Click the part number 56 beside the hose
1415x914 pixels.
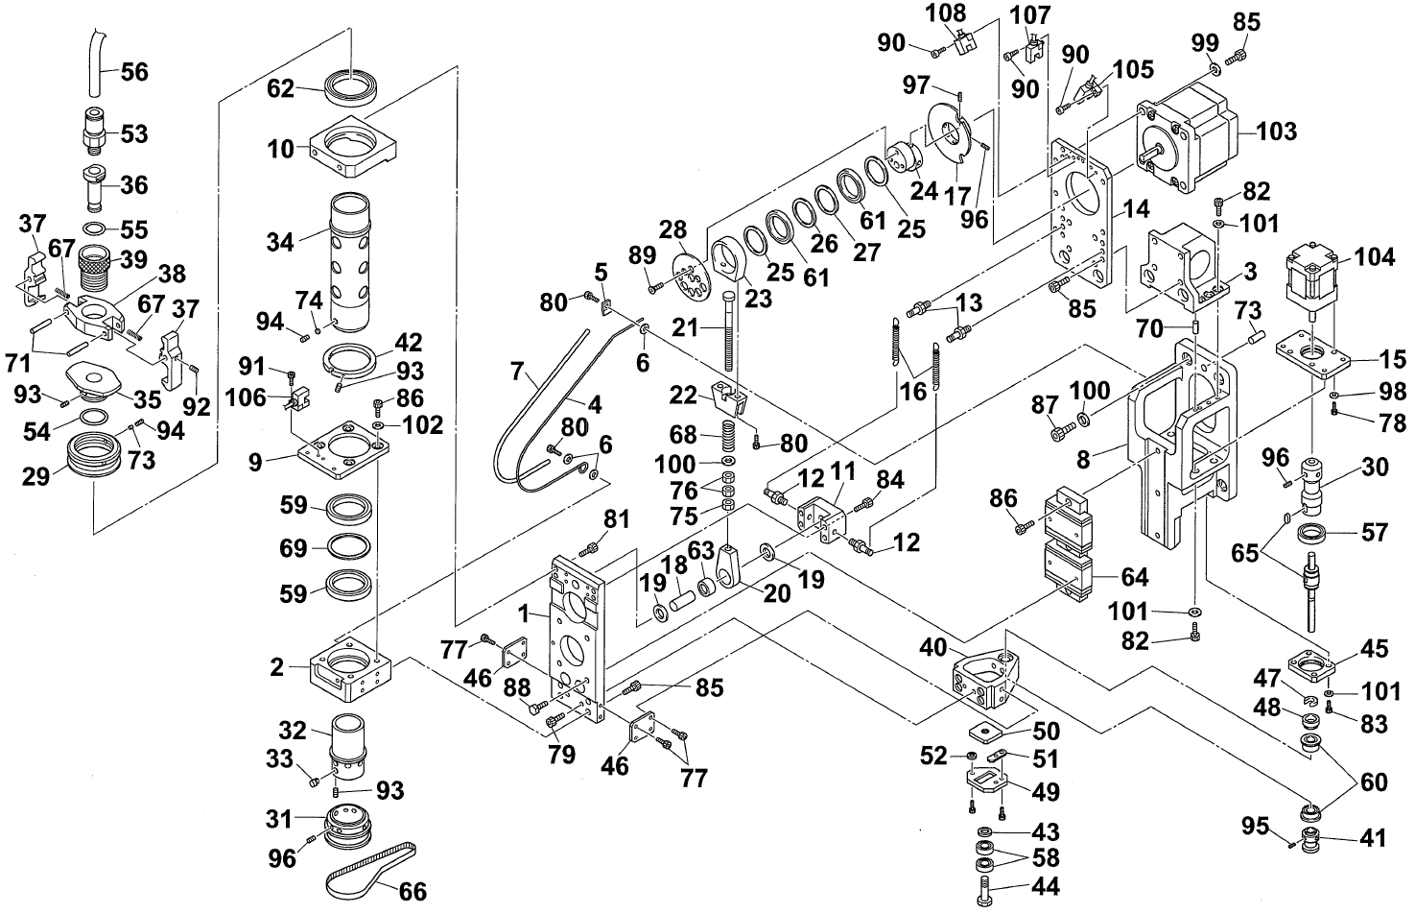click(134, 72)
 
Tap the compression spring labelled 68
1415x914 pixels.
click(727, 434)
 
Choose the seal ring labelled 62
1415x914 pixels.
click(351, 86)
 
